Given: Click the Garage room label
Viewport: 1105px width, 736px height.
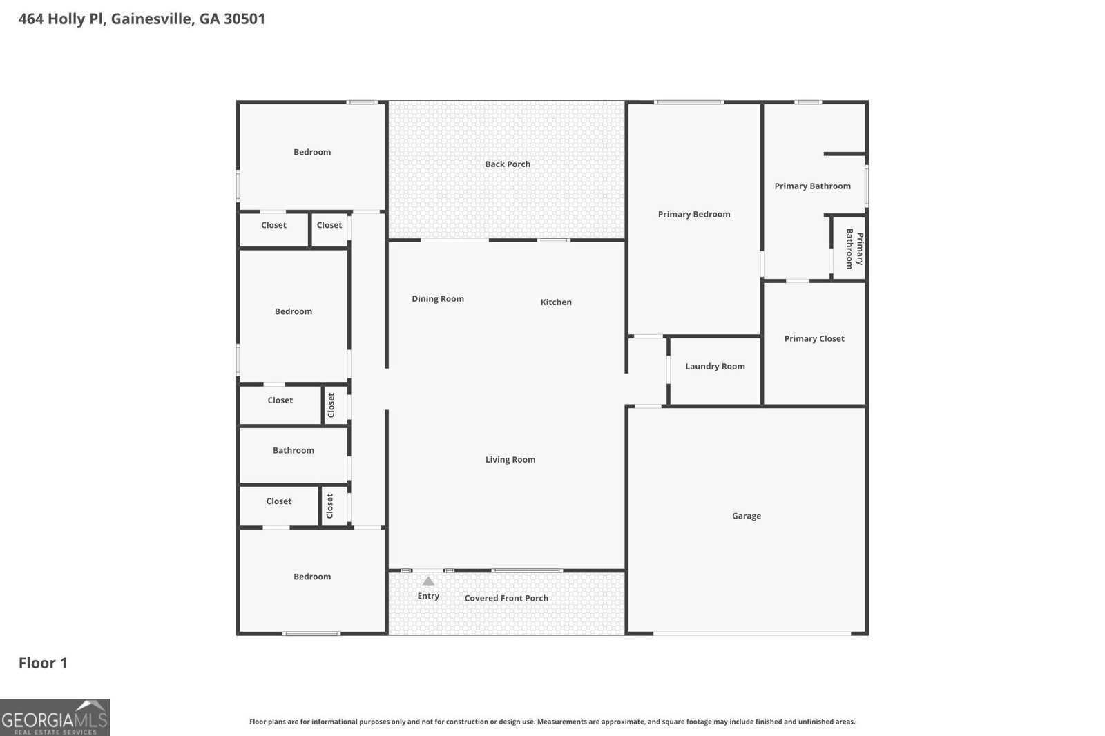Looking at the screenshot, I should click(x=746, y=516).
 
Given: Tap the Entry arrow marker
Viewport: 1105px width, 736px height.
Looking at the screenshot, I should click(x=428, y=581).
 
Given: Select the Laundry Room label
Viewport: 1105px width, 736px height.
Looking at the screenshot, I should click(x=715, y=367).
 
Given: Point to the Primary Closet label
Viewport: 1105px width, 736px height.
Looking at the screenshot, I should click(x=814, y=339).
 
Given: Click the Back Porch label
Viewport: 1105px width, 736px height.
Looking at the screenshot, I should click(x=508, y=164).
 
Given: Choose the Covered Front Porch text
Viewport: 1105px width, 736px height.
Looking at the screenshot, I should click(x=506, y=599).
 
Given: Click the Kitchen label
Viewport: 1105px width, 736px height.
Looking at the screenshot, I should click(x=556, y=302).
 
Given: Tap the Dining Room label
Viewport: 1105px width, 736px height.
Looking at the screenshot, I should click(x=438, y=299).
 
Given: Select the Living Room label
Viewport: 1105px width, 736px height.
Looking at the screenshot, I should click(x=510, y=460).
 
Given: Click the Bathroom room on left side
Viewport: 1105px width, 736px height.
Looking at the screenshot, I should click(x=293, y=451).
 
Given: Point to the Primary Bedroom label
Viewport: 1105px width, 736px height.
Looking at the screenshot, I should click(x=694, y=215).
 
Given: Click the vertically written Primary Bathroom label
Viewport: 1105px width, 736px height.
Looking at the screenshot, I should click(x=854, y=249).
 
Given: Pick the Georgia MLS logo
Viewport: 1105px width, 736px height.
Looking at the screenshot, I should click(x=55, y=717).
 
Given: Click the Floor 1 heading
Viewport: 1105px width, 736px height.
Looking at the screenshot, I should click(x=43, y=664).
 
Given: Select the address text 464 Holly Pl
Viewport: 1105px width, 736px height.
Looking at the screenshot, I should click(x=142, y=19).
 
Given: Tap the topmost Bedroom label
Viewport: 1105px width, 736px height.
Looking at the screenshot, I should click(x=312, y=153).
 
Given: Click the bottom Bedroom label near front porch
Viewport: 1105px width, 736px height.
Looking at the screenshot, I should click(x=312, y=577).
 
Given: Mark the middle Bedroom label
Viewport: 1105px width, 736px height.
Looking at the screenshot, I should click(x=294, y=312).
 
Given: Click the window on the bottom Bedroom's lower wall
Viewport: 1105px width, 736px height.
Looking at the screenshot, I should click(x=311, y=633).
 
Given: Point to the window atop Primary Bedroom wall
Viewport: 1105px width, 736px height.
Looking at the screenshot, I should click(x=689, y=102).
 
